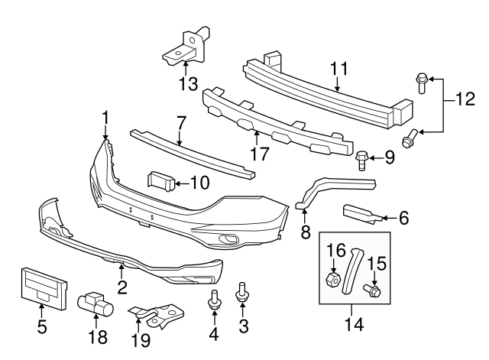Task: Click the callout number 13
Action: (186, 82)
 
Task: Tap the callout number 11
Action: (339, 70)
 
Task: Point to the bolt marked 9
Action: (362, 160)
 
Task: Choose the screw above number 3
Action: (242, 291)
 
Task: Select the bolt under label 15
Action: (373, 290)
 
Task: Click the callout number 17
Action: (259, 154)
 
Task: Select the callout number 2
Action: (121, 287)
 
